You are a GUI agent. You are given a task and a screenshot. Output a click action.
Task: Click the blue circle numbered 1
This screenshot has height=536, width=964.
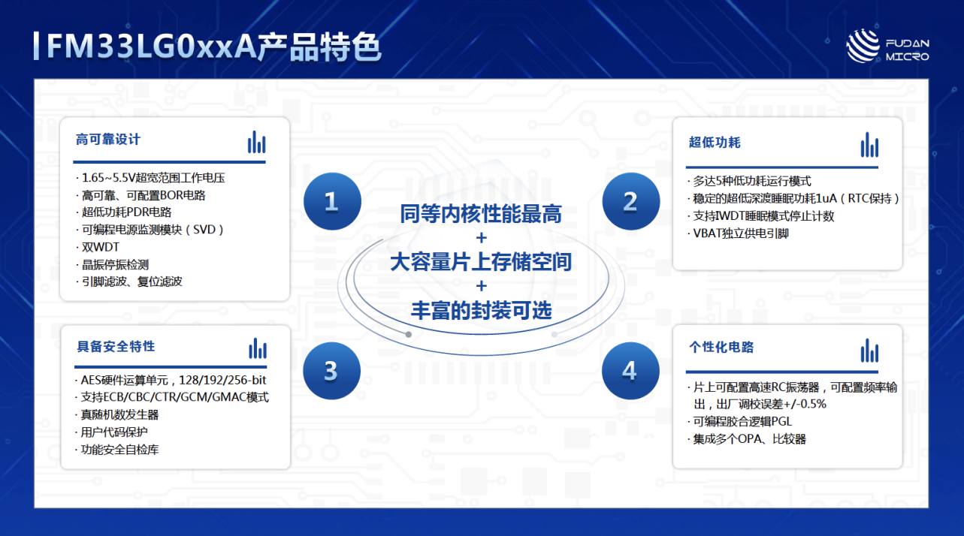pos(332,201)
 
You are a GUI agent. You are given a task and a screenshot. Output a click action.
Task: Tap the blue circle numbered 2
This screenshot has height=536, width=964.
pos(631,201)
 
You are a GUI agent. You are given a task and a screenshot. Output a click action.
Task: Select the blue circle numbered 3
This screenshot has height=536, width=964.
pos(332,371)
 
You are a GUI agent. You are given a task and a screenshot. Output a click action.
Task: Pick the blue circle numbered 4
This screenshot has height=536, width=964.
pos(630,371)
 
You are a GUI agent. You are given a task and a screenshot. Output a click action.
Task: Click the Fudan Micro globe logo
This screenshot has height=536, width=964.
pos(863,46)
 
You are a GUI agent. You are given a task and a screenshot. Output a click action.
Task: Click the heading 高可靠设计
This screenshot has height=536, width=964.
pos(108,140)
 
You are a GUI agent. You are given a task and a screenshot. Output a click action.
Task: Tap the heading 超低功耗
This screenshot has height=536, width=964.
pos(715,143)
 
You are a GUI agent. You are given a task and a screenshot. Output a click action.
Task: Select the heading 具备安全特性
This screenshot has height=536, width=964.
pos(116,346)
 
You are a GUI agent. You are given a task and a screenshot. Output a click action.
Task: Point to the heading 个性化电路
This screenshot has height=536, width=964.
pos(721,347)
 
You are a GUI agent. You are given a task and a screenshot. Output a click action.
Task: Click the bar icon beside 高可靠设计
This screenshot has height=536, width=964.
pos(256,142)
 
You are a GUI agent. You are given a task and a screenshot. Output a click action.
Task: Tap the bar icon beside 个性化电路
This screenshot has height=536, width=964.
pos(869,351)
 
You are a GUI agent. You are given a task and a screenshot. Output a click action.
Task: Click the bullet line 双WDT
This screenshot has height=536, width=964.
pos(98,247)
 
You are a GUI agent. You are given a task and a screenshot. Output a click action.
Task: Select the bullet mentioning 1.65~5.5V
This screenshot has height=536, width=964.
pos(150,177)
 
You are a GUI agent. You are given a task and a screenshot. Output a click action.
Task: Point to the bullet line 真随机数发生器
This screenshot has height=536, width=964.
pos(117,415)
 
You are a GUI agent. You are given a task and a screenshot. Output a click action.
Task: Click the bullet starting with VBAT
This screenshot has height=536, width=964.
pos(739,233)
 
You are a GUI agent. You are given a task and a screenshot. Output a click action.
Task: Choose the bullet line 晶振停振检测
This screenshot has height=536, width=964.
pos(113,264)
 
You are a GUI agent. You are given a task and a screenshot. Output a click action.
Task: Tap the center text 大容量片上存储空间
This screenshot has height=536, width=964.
pos(481,262)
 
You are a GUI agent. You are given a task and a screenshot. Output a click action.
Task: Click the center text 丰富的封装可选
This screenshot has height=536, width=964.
pos(481,310)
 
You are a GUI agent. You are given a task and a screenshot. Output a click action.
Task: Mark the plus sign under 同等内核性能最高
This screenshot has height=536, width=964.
pos(482,238)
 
